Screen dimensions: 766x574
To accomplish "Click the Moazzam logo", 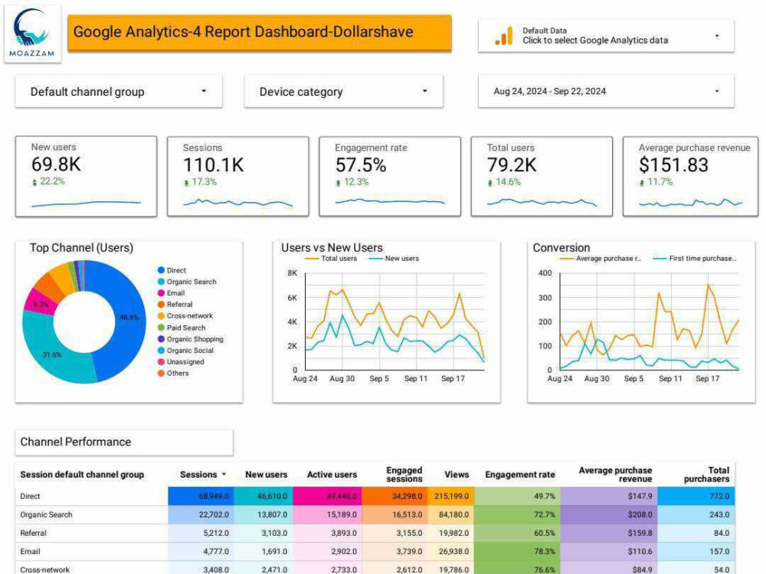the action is click(x=32, y=33).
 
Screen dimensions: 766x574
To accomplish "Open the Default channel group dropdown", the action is click(x=119, y=91).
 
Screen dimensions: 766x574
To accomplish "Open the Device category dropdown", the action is click(x=343, y=91).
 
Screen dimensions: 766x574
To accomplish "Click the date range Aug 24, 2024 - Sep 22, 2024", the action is click(x=549, y=91).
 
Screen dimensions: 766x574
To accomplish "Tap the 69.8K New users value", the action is click(x=56, y=165).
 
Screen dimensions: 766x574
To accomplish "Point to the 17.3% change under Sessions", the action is click(x=205, y=182).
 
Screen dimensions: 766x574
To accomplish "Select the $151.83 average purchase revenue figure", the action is click(x=673, y=165).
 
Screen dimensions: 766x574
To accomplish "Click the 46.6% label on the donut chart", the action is click(x=129, y=318).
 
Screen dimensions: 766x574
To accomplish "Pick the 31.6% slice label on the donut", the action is click(x=52, y=354).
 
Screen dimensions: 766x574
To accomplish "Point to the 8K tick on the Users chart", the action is click(x=292, y=273).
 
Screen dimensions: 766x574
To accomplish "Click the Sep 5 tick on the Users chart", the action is click(x=379, y=378).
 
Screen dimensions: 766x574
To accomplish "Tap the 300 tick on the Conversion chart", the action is click(x=545, y=298).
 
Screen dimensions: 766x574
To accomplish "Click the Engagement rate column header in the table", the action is click(x=520, y=475).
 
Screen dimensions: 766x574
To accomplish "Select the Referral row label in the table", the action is click(x=33, y=533).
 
